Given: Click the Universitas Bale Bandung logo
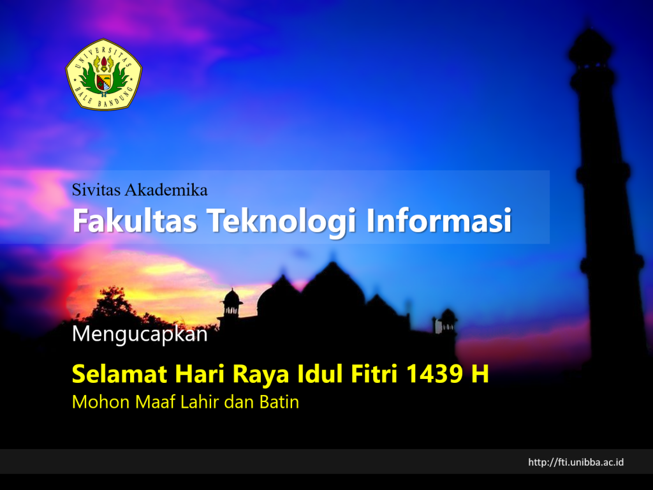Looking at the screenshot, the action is pos(104,75).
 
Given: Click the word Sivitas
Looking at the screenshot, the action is pos(97,190).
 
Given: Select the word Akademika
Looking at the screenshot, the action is pos(166,190).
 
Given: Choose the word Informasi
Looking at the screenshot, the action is pos(439,220).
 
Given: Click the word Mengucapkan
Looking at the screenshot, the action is pos(140,334).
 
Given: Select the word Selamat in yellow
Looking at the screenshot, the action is pos(119,373).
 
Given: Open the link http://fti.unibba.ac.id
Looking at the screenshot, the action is pos(576,462).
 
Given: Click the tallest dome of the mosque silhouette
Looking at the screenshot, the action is pos(333,288).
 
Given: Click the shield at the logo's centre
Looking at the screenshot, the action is pos(104,82).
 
